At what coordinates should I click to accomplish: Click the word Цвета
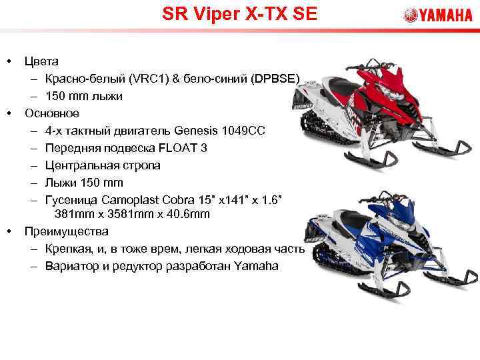click(41, 61)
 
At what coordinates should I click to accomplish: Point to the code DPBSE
click(281, 79)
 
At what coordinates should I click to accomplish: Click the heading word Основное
click(52, 113)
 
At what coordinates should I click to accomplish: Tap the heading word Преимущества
click(65, 231)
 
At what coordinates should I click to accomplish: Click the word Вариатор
click(71, 266)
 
